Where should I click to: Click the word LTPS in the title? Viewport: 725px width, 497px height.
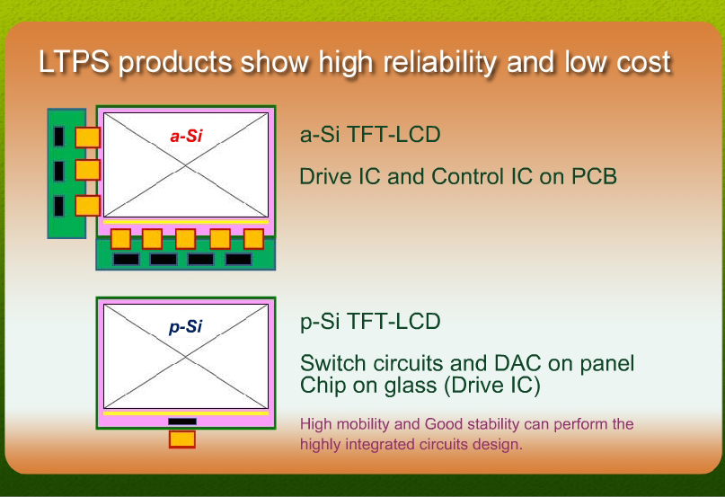pos(74,61)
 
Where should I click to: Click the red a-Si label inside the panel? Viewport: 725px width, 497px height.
pos(186,136)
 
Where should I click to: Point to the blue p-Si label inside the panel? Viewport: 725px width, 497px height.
pos(185,327)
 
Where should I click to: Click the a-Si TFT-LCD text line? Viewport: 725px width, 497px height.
pos(370,135)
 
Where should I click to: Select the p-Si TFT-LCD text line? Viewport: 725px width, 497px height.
pos(370,322)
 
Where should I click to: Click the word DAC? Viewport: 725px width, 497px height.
pos(517,363)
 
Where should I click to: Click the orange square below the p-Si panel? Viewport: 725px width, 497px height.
pos(182,439)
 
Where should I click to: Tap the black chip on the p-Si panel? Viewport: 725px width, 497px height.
pos(182,422)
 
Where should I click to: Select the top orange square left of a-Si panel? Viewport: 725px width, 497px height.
pos(87,138)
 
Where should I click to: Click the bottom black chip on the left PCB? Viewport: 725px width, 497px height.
pos(58,206)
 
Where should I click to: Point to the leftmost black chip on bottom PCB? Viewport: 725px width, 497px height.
pos(127,259)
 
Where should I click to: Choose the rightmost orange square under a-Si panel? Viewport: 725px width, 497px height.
pos(253,239)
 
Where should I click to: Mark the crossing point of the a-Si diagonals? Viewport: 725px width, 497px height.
pos(186,165)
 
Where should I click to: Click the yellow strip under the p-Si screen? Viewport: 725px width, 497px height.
pos(186,413)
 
